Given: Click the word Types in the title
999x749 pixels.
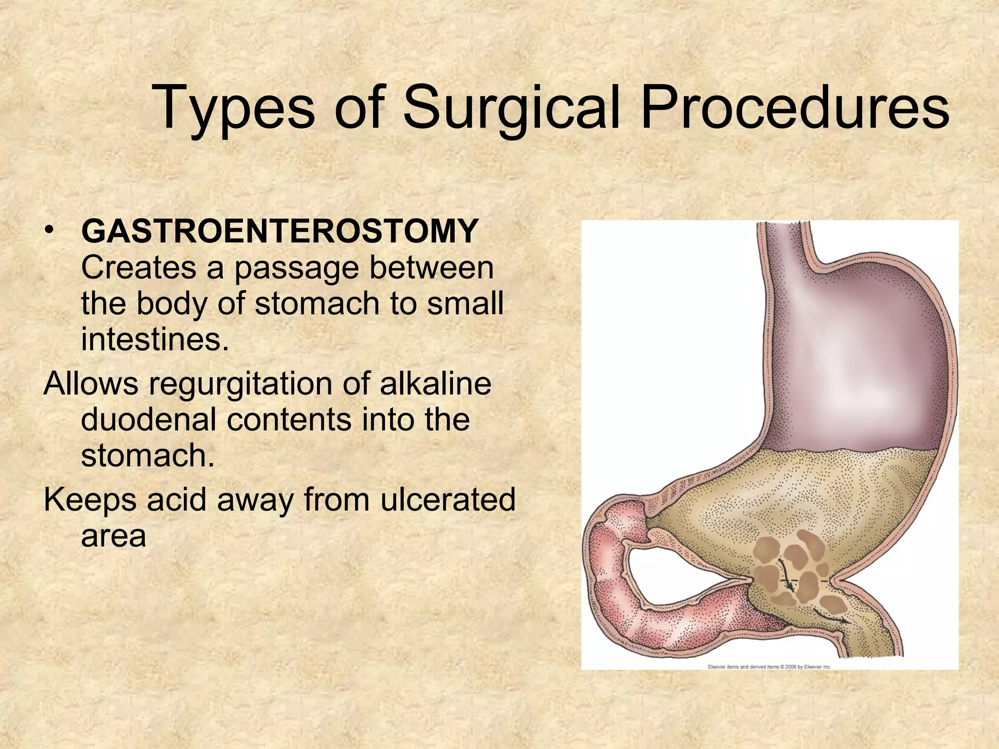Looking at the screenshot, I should (x=234, y=108).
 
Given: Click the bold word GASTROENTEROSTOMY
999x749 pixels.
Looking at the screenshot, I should (x=280, y=231).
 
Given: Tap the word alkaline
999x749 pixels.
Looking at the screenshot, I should (x=435, y=383).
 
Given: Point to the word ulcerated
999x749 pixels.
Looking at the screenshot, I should (x=447, y=499).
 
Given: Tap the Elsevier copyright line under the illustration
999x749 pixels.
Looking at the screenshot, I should (x=769, y=667).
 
